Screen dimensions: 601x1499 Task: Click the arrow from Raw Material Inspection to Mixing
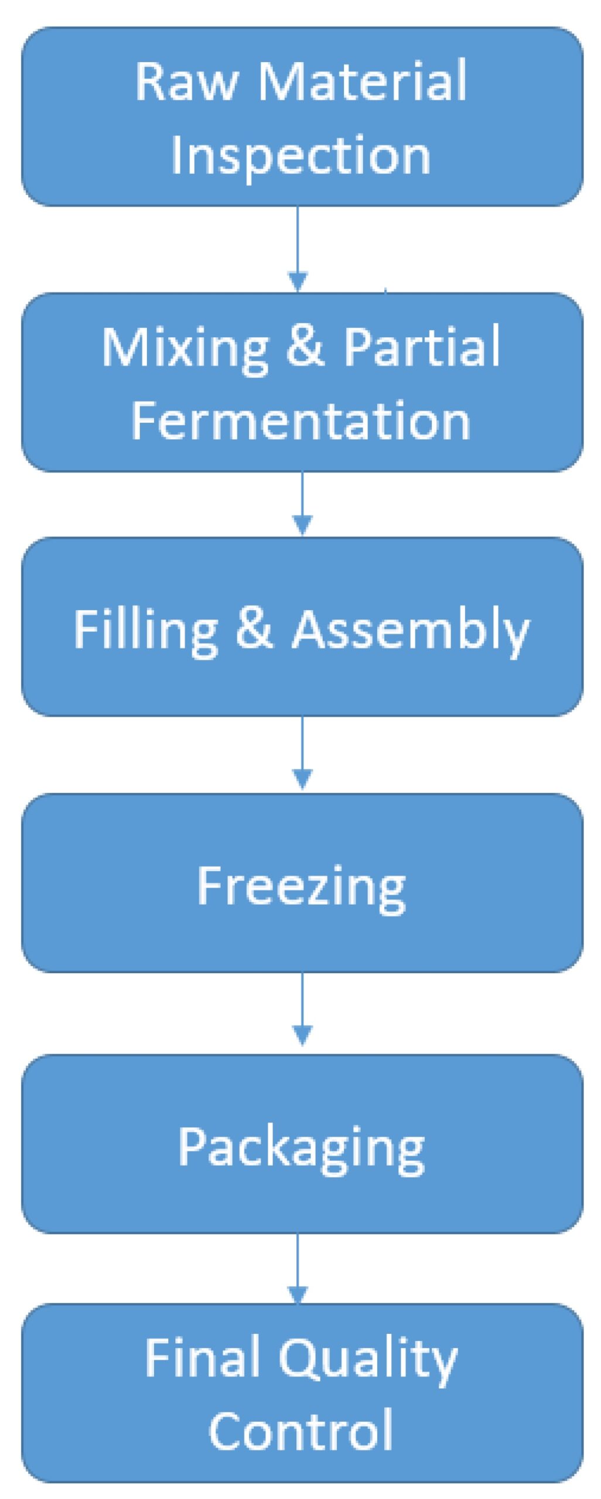(298, 249)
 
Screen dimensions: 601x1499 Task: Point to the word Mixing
(185, 348)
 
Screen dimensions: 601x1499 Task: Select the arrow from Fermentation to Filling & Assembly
(302, 504)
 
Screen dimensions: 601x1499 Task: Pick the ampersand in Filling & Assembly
(255, 629)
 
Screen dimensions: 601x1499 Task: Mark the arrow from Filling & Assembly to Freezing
(302, 753)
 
